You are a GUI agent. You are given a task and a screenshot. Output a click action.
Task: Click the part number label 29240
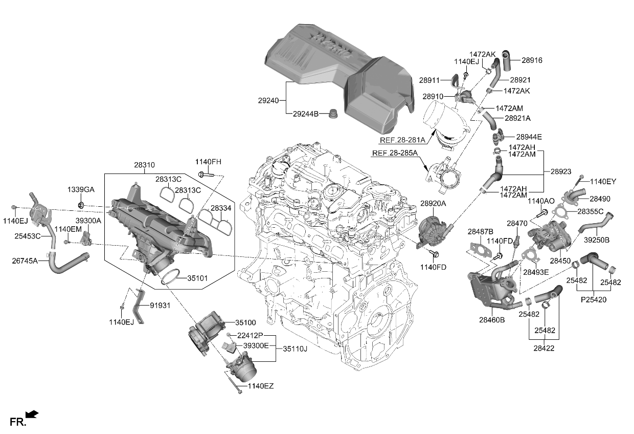pos(268,101)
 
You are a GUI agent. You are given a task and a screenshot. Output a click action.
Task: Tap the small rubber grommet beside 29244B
pos(334,113)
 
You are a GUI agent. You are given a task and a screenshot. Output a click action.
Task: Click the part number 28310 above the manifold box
pos(145,165)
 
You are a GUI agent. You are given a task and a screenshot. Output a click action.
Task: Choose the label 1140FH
pos(208,162)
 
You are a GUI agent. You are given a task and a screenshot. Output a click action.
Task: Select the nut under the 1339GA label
pos(81,206)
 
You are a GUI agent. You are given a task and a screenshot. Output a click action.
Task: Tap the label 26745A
pos(25,261)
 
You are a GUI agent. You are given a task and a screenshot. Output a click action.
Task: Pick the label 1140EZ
pos(261,386)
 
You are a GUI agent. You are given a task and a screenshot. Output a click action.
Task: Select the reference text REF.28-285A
pos(395,153)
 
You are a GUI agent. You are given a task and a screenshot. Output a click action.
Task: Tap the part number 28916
pos(532,60)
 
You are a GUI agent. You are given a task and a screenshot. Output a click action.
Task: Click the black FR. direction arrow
pos(32,414)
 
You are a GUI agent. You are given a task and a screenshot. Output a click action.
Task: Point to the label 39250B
pos(597,239)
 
